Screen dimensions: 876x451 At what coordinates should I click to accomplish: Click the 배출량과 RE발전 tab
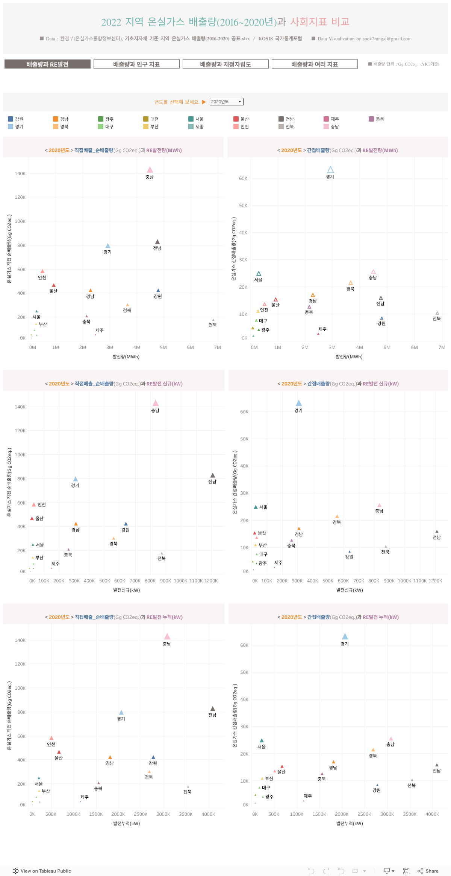click(47, 64)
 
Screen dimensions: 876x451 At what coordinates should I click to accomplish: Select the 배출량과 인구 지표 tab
click(136, 64)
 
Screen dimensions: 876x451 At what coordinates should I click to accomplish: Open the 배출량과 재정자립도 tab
click(225, 64)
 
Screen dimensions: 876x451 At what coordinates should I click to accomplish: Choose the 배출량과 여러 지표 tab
click(315, 64)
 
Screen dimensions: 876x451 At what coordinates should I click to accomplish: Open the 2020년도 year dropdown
click(226, 102)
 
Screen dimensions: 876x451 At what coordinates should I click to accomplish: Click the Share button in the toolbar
click(428, 871)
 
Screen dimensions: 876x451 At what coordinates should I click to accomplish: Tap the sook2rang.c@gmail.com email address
click(387, 39)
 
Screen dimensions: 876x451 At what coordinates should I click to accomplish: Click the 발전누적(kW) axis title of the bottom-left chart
click(126, 823)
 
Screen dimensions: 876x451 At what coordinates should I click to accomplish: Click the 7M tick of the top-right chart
click(442, 347)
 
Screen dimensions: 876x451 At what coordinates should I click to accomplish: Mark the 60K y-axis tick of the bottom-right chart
click(244, 645)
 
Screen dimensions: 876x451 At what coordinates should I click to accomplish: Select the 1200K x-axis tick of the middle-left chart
click(211, 581)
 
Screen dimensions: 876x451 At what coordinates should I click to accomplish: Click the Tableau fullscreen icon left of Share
click(406, 871)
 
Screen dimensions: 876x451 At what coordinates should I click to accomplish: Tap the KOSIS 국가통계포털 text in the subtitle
click(280, 39)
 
